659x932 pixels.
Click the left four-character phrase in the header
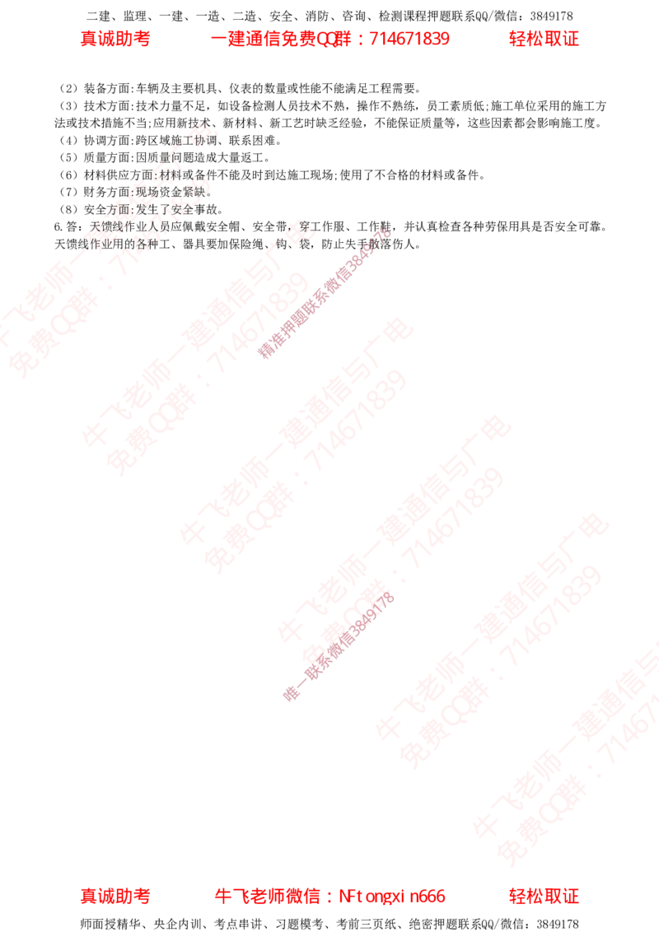(115, 39)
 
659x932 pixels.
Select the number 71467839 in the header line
(411, 39)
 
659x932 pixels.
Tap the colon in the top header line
(362, 40)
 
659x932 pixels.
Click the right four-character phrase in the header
(543, 39)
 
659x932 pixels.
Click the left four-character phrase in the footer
(115, 897)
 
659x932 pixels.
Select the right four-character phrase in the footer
(543, 897)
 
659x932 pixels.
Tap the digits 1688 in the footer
(428, 897)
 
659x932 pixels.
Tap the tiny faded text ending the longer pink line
(380, 239)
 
